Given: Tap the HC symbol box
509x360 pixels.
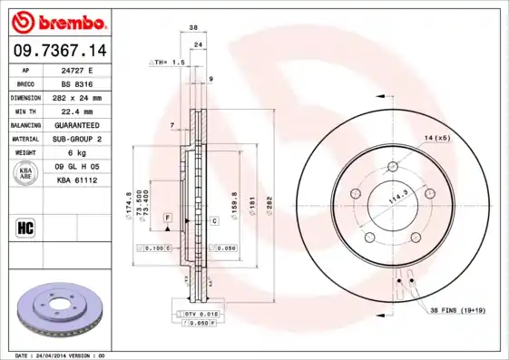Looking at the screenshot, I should point(26,227).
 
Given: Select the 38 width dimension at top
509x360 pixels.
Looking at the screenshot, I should point(193,28).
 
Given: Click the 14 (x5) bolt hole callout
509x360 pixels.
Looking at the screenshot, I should point(436,137).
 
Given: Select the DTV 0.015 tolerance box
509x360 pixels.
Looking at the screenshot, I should point(195,313).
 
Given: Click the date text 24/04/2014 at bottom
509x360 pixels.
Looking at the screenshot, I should point(61,355).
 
